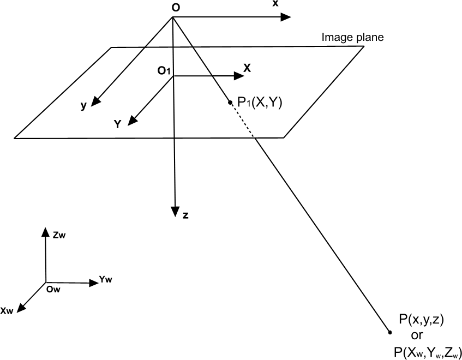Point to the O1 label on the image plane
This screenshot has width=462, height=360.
[x=164, y=70]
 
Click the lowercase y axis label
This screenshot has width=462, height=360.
[x=83, y=106]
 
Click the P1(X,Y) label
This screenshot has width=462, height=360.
[x=259, y=102]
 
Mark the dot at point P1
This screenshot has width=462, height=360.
[x=231, y=101]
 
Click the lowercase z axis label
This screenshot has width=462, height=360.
[x=186, y=215]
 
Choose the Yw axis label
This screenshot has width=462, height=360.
[x=106, y=280]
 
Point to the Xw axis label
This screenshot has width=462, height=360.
[x=7, y=311]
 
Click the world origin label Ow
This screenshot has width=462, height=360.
[x=53, y=289]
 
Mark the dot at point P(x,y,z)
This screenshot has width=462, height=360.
[x=389, y=332]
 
